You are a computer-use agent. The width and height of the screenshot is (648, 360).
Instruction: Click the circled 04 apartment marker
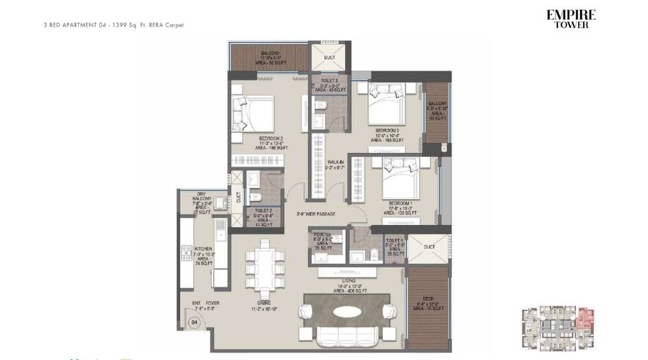pyautogui.click(x=195, y=322)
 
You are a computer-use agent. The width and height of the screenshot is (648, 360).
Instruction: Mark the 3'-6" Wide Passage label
pyautogui.click(x=316, y=214)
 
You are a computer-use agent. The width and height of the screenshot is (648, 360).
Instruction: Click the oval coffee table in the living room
pyautogui.click(x=350, y=311)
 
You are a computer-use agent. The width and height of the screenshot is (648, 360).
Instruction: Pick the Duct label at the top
pyautogui.click(x=329, y=58)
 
